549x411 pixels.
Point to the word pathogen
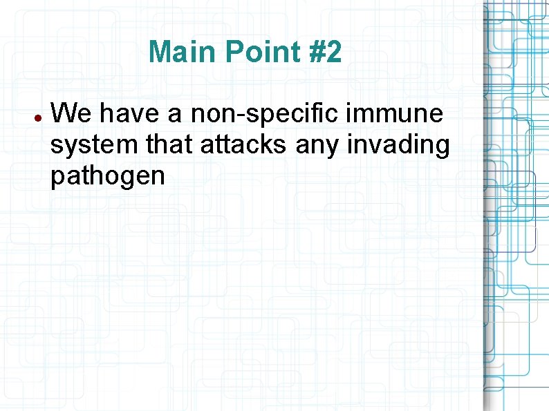107,178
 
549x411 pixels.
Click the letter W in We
63,113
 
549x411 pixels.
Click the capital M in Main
160,52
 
